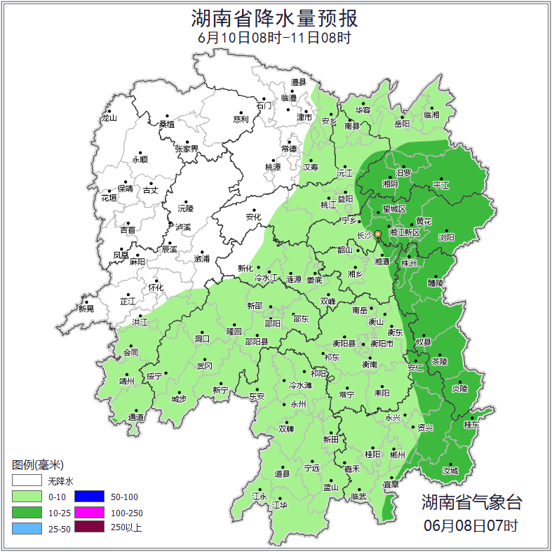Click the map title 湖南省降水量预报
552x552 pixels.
(x=275, y=18)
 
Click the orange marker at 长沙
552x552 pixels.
(x=377, y=234)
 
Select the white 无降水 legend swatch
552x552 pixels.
(x=26, y=481)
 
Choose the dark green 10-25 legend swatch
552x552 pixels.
(x=26, y=512)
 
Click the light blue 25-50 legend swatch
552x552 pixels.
(x=26, y=527)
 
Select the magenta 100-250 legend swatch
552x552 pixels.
(x=89, y=512)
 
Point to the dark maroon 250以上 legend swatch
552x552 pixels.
(x=89, y=527)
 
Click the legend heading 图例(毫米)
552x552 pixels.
(x=38, y=465)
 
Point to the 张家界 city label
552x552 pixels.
(x=187, y=149)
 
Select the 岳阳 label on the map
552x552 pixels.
(x=401, y=124)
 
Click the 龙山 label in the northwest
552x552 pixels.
(x=109, y=118)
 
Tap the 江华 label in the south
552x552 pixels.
(x=280, y=505)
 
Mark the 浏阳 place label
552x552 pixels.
(x=446, y=238)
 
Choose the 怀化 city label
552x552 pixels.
(x=155, y=288)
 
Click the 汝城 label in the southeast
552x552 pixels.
(x=450, y=471)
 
